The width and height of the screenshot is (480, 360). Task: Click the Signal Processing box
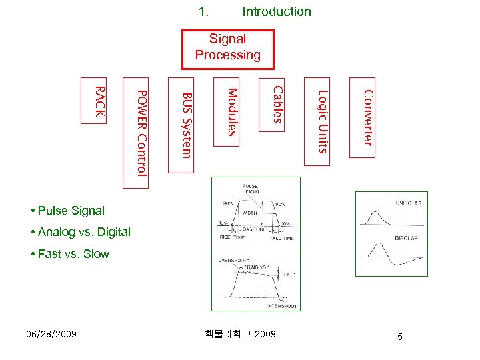click(x=227, y=48)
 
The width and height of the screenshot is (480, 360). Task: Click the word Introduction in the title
click(x=276, y=11)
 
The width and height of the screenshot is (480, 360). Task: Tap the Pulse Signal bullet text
click(x=71, y=211)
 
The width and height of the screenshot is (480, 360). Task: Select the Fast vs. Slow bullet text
click(x=73, y=253)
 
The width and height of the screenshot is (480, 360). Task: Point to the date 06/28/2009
click(x=51, y=334)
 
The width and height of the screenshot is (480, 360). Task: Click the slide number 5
click(x=399, y=337)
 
